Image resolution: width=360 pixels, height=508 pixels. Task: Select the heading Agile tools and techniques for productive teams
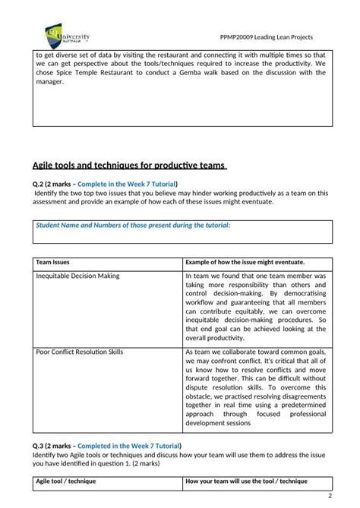pyautogui.click(x=129, y=166)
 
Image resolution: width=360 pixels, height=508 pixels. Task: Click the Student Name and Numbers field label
pyautogui.click(x=133, y=225)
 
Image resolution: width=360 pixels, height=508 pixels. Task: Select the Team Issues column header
pyautogui.click(x=54, y=261)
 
